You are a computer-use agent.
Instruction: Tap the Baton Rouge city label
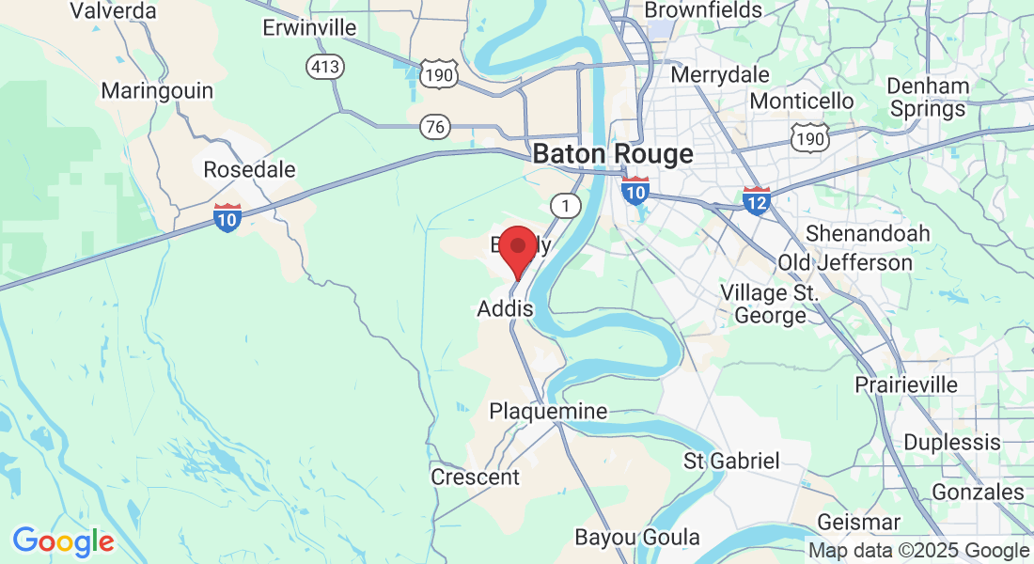613,154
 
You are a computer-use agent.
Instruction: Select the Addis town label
505,308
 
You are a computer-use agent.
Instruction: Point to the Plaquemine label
548,412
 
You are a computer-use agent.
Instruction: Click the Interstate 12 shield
757,200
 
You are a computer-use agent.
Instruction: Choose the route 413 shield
325,67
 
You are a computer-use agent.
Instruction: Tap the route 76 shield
435,127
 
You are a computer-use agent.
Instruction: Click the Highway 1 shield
564,205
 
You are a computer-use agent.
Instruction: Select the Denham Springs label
928,98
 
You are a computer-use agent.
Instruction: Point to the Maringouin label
157,91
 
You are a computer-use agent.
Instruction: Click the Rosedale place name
249,170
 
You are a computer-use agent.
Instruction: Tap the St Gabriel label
731,461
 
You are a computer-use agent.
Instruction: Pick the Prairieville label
906,385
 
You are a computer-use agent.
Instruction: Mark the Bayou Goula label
637,538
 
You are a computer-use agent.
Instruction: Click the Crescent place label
475,478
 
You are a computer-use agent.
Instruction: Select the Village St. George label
770,304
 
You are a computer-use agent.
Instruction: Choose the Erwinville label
309,28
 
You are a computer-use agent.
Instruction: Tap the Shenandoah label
868,233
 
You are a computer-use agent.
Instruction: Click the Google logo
63,541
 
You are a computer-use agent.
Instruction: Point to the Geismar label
858,522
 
